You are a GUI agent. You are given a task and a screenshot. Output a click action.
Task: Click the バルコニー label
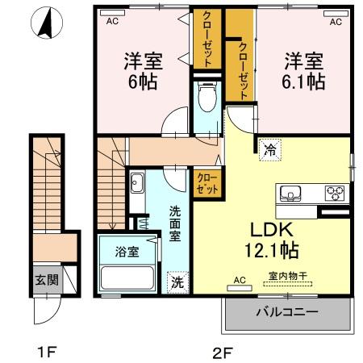click(x=287, y=311)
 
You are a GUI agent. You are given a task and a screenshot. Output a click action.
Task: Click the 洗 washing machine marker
click(x=176, y=282)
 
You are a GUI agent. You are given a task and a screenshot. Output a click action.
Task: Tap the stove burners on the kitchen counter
click(x=334, y=194)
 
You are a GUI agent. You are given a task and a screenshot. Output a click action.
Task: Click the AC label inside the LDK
click(x=239, y=281)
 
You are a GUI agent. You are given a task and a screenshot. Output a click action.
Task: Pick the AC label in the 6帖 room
click(x=111, y=22)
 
